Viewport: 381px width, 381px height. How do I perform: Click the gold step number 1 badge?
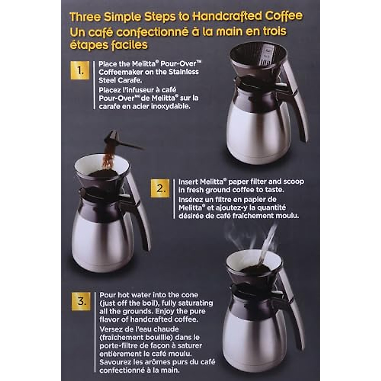(x=80, y=70)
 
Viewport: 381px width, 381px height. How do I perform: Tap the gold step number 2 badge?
(x=160, y=188)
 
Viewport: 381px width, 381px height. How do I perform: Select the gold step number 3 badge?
(x=81, y=301)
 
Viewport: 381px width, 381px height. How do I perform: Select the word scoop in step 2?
(x=291, y=182)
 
